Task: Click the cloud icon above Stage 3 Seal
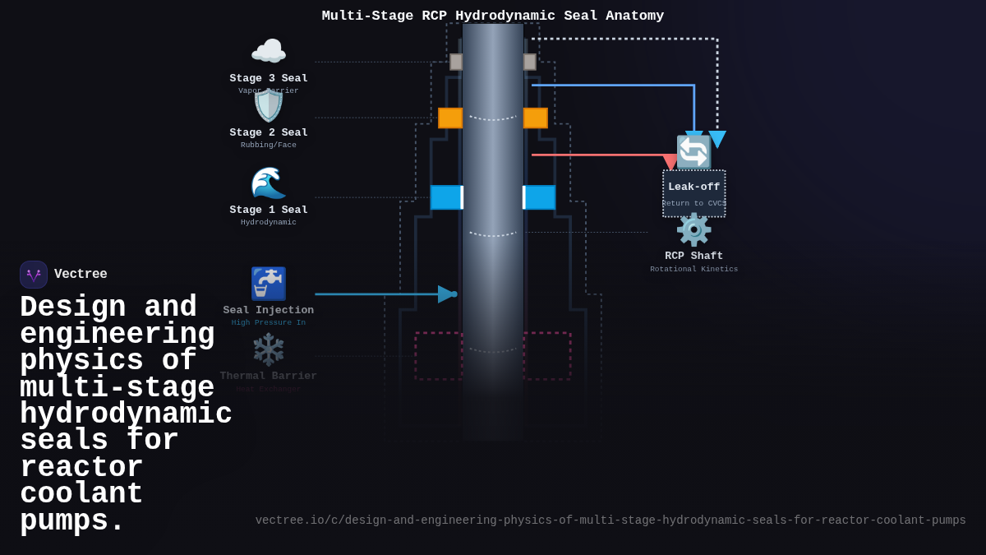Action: [x=269, y=52]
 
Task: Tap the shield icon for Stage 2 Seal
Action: [x=269, y=105]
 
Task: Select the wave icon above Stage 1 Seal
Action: [x=269, y=183]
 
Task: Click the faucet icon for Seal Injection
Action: [x=269, y=284]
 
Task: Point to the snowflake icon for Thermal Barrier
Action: [x=269, y=349]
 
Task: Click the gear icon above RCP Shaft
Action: [x=693, y=229]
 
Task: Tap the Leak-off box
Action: [x=694, y=194]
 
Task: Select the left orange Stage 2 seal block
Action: [x=450, y=118]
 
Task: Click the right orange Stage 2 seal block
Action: [x=536, y=118]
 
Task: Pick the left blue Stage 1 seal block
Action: [x=446, y=197]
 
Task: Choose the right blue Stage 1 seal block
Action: [x=540, y=197]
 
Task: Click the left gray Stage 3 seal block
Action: [x=456, y=62]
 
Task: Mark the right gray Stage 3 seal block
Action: [x=530, y=62]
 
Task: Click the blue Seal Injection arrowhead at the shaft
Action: [x=446, y=294]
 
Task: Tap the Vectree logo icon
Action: [x=34, y=275]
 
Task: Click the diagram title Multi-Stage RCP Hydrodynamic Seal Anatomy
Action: [x=493, y=16]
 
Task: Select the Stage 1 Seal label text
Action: [x=269, y=210]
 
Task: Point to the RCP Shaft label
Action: [x=694, y=257]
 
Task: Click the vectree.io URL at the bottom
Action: [x=610, y=520]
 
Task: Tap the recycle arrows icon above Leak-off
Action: [x=693, y=152]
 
